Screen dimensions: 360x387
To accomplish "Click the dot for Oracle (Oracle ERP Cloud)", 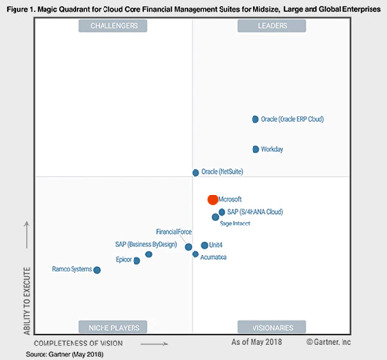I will click(x=255, y=120).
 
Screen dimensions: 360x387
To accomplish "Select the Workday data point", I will click(x=255, y=149).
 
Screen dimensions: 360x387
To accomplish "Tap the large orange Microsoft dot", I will click(x=213, y=199).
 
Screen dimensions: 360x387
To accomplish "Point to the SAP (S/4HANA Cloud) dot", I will click(x=222, y=211).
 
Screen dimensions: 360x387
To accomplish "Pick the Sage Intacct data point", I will click(x=215, y=218).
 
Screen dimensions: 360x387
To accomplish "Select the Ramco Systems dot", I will click(x=97, y=270).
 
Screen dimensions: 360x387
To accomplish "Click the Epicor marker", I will click(x=136, y=260).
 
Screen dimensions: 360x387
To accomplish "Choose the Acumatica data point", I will click(x=195, y=255).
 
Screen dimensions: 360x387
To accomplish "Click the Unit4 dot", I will click(x=203, y=246).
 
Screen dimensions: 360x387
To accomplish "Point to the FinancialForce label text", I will click(x=173, y=233).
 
